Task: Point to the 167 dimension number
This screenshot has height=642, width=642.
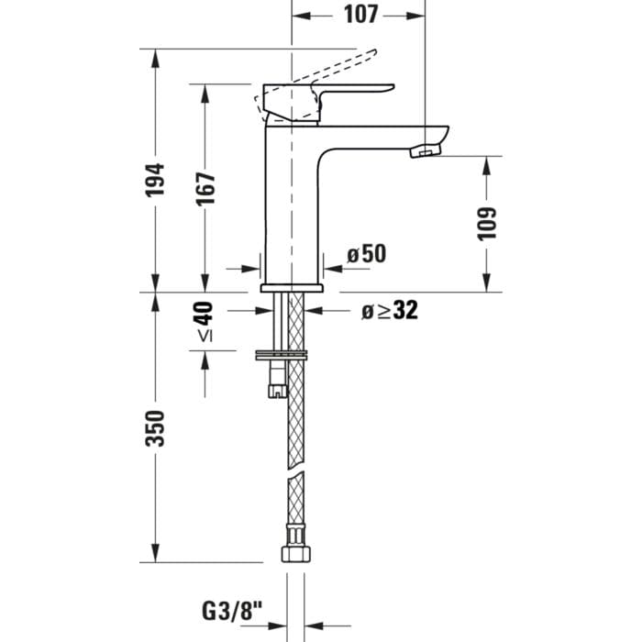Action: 206,188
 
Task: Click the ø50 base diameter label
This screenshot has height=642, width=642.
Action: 367,254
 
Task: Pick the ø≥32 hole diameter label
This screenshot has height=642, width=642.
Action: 389,311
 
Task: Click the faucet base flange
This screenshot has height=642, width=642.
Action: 292,287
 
